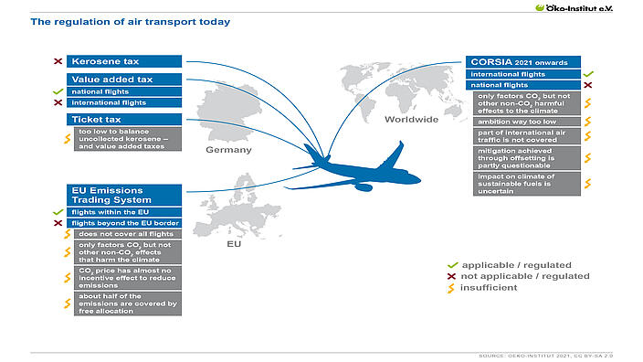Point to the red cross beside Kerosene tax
(58, 61)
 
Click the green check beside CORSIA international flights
(588, 73)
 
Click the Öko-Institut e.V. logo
(586, 7)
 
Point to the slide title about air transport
(131, 21)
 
